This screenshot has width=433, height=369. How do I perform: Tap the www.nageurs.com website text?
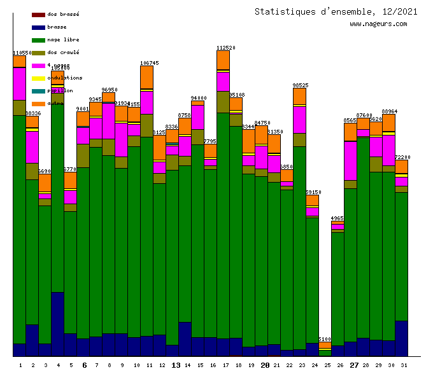click(378, 24)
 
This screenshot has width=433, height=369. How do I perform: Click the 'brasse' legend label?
click(57, 27)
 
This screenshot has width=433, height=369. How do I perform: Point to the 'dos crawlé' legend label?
click(63, 52)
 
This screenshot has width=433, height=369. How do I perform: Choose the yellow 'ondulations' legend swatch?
click(38, 78)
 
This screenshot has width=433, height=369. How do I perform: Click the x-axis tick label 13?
click(176, 365)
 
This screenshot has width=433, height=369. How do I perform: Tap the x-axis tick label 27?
click(354, 365)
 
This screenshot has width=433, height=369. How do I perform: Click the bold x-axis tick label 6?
click(84, 365)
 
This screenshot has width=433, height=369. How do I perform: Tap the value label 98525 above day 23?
click(300, 85)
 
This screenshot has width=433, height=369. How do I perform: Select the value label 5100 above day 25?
click(325, 339)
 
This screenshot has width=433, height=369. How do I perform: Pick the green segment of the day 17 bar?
click(223, 223)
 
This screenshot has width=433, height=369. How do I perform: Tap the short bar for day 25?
click(325, 350)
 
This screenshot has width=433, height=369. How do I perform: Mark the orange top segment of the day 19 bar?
click(248, 141)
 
